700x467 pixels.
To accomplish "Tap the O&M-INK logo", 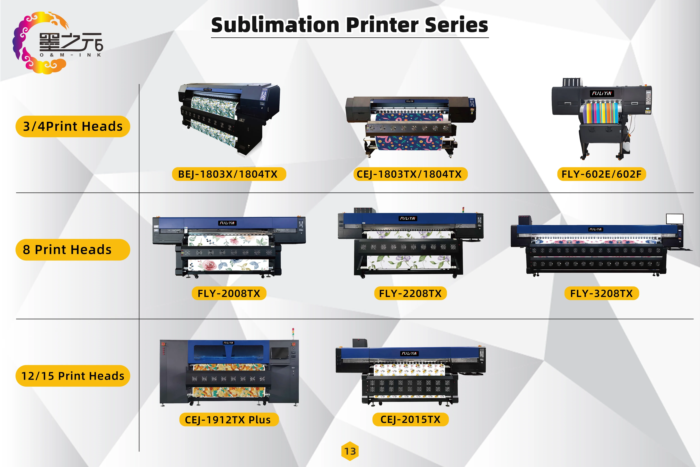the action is tap(57, 43).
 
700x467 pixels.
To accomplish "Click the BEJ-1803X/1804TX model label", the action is tap(229, 174).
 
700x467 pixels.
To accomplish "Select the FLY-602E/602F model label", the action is tap(601, 174).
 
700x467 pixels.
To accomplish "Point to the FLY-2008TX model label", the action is tap(229, 293).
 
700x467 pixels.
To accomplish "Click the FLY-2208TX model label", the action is tap(410, 293).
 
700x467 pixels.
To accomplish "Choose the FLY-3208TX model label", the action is tap(601, 293).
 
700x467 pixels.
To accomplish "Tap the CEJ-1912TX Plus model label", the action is tap(229, 420).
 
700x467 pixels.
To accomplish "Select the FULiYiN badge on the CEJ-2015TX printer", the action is tap(410, 353).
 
